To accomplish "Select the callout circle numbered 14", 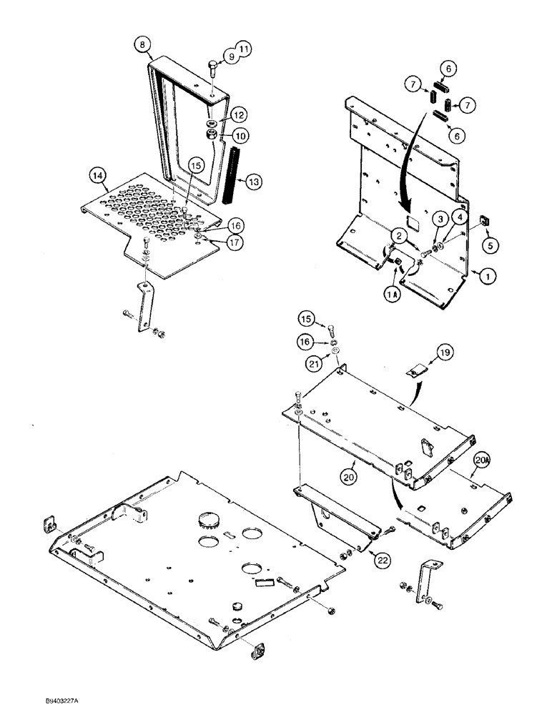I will pyautogui.click(x=98, y=174).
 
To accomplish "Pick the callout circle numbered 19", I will pyautogui.click(x=443, y=352).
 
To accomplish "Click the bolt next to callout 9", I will pyautogui.click(x=212, y=71).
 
